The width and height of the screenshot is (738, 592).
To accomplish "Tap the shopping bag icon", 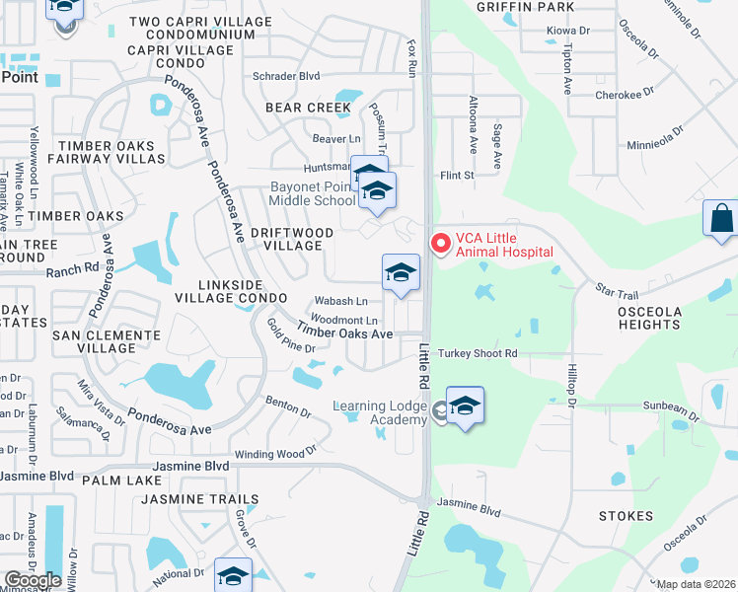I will click(x=721, y=219).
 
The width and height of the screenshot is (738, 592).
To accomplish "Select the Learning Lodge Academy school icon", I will click(x=465, y=406).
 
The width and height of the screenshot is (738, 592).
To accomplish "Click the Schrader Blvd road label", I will click(x=286, y=75).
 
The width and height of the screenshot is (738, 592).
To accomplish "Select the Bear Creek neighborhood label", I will click(x=308, y=107).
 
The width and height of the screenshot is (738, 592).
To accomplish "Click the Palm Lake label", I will click(x=122, y=480).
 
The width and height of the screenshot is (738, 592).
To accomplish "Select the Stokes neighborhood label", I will click(x=626, y=516).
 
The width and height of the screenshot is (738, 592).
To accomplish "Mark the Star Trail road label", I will click(x=619, y=290).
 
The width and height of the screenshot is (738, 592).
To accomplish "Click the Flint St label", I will click(x=458, y=176).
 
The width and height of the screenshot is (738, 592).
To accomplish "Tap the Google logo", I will click(x=33, y=580).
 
